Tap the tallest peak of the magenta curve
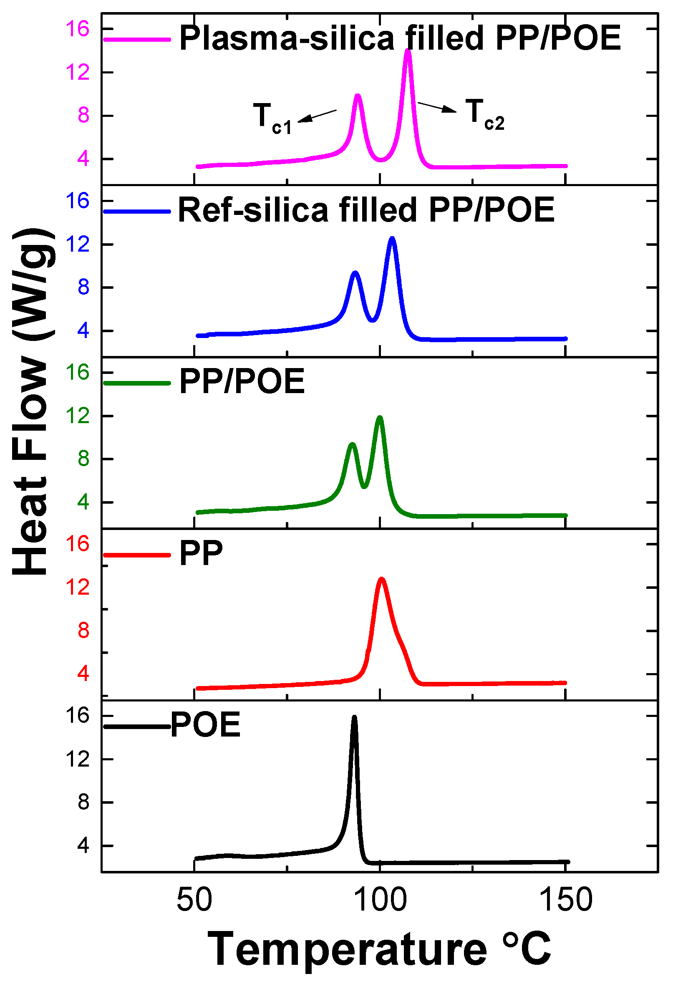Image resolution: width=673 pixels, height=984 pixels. coord(408,51)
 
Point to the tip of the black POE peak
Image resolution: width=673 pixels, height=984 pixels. coord(354,717)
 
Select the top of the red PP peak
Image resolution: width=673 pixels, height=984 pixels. coord(382,579)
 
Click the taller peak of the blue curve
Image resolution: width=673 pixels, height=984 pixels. coord(392,239)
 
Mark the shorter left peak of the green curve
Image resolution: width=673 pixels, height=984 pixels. coord(352,444)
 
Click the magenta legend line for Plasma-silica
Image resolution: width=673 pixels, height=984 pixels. coord(137,39)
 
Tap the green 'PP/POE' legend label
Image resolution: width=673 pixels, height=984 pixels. coord(242,381)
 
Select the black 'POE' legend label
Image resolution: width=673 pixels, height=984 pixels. coord(206,725)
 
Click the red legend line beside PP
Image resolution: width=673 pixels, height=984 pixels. coord(137,555)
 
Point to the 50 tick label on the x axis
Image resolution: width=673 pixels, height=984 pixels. coord(194,900)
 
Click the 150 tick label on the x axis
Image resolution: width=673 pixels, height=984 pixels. coord(566,900)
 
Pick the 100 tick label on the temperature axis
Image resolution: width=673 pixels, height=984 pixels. coord(380,900)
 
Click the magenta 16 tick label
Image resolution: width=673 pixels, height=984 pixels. coord(78,29)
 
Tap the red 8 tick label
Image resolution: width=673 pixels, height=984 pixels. coord(83,631)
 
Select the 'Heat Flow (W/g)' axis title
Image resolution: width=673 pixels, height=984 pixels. coord(32,402)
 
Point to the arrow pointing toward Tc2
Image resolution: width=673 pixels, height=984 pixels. coord(437,108)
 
